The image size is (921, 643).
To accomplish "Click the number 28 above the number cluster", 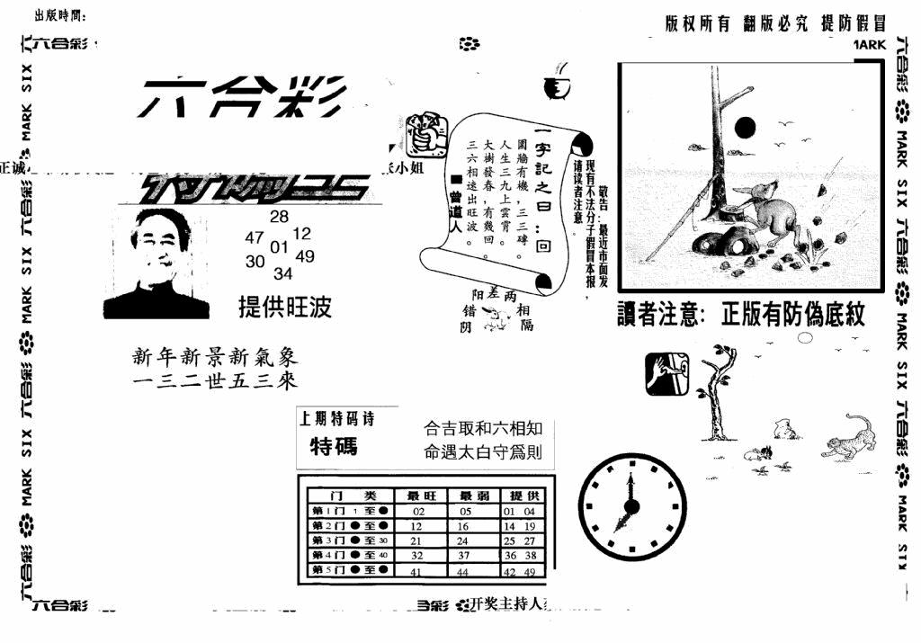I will [279, 216].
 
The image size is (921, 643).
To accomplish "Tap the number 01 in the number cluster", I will [279, 246].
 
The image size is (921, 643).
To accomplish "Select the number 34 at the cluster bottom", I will [282, 273].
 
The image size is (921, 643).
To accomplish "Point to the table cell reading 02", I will [417, 511].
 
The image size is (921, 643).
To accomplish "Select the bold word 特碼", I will [334, 446].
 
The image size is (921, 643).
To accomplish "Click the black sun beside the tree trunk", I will [745, 128].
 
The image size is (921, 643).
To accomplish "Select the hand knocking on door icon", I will [666, 374].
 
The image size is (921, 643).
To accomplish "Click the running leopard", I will [850, 438].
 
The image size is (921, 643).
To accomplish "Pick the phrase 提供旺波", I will [285, 308].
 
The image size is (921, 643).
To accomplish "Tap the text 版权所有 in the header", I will [697, 25].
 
